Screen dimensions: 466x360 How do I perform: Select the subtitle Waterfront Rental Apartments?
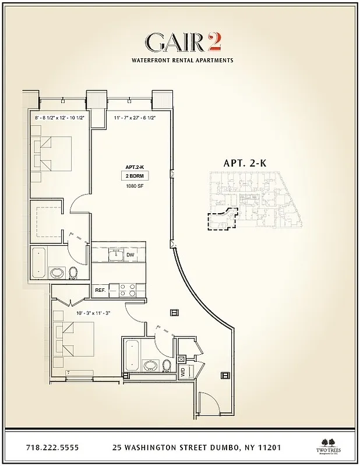[x=182, y=60]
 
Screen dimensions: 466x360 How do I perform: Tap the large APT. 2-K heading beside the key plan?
[x=245, y=164]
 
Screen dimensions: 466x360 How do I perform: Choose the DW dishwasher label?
[x=130, y=255]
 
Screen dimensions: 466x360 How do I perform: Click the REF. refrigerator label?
[x=100, y=290]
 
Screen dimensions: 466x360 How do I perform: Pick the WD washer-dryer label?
[x=182, y=372]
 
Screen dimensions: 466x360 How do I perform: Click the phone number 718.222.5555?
[x=52, y=448]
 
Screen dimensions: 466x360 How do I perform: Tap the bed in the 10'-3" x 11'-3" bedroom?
[x=75, y=340]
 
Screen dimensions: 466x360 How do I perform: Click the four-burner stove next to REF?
[x=128, y=287]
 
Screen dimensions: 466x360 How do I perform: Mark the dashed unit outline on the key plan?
[x=221, y=221]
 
